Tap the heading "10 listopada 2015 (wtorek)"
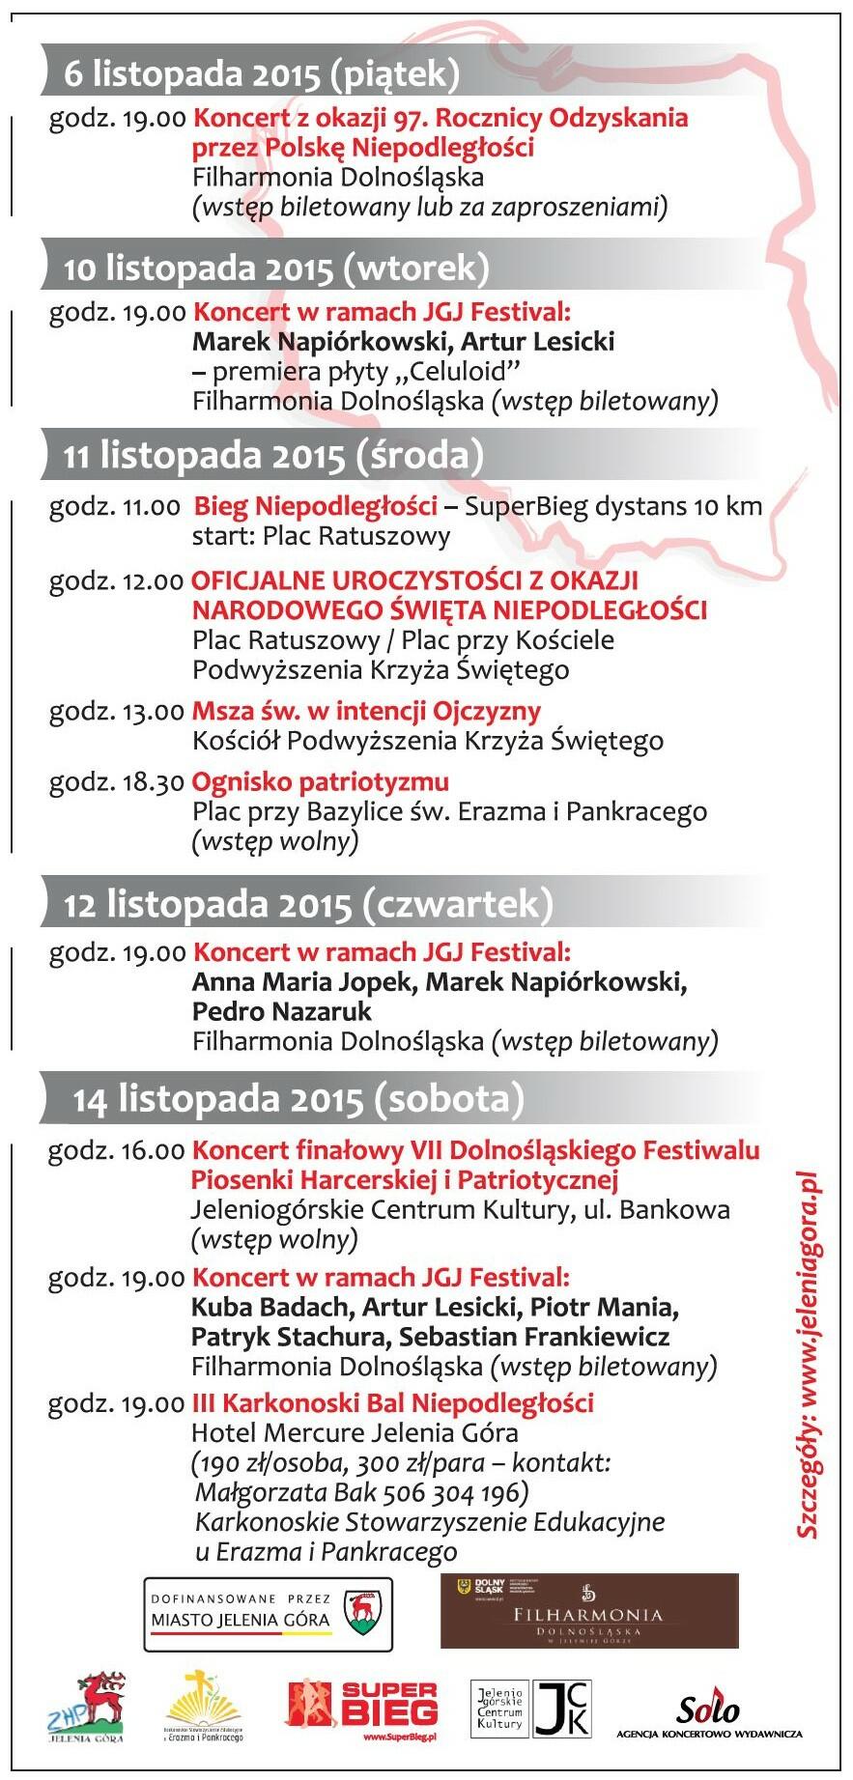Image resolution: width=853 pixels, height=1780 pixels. coord(276,268)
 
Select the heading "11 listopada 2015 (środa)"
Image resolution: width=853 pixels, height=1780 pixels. coord(273,455)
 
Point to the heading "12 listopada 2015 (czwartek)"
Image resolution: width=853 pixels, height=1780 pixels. coord(308,905)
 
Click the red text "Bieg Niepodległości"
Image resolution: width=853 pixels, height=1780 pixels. coord(316,506)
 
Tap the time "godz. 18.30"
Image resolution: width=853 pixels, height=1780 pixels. coord(116,783)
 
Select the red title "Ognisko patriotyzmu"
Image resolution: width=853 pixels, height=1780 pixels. coord(321,782)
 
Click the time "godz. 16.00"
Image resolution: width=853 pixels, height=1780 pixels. coord(116,1151)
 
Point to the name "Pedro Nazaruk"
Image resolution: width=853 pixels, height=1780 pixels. coord(282,1012)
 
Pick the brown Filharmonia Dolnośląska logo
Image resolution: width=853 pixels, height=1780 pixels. coord(589,1611)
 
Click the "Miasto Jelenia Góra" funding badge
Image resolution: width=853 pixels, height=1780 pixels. coord(269,1613)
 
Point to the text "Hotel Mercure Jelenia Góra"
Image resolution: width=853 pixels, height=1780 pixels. coord(355,1433)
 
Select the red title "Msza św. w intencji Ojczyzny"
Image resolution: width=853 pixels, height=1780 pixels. coord(366,712)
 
